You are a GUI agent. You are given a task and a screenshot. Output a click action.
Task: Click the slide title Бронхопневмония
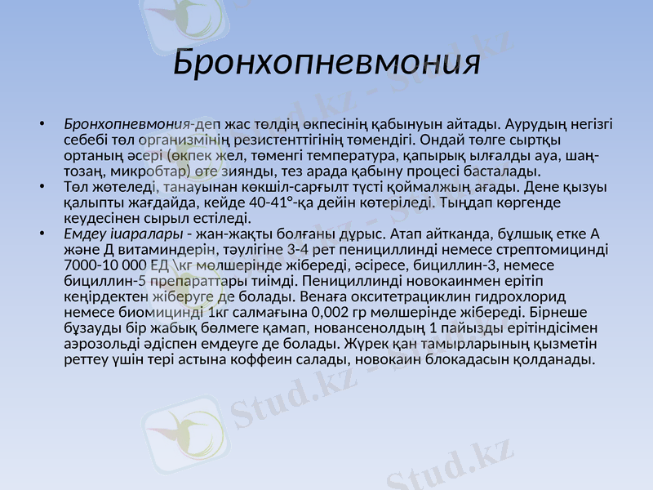(x=326, y=63)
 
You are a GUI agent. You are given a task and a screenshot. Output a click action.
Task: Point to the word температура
(x=348, y=156)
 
